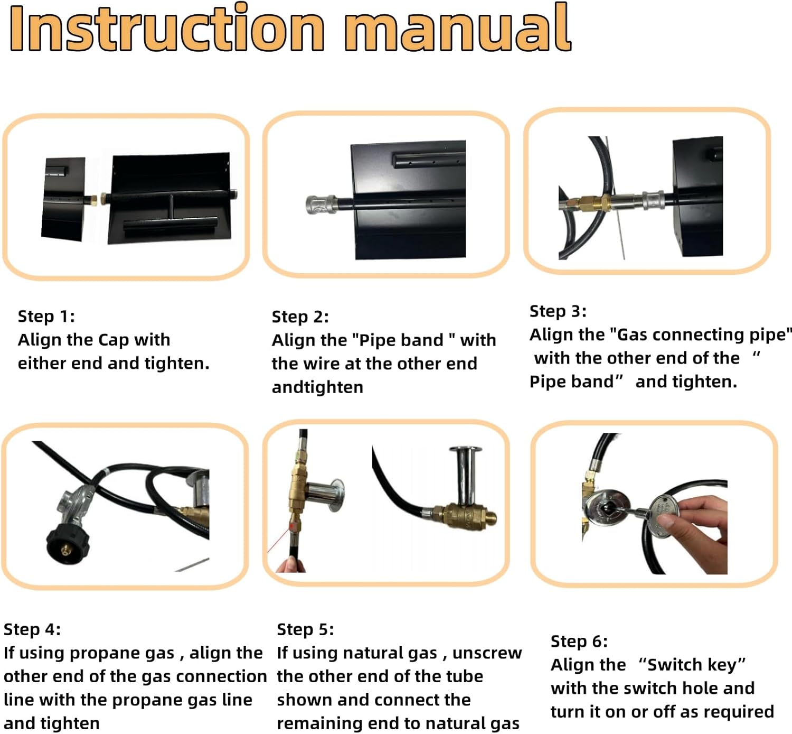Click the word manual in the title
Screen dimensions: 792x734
(x=458, y=29)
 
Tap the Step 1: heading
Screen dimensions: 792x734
(x=46, y=316)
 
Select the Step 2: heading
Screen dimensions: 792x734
(x=300, y=317)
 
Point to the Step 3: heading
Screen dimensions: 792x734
(x=558, y=311)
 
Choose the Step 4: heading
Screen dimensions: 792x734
(x=32, y=629)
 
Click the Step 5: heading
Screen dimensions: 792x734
(x=306, y=629)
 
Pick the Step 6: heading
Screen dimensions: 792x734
(x=579, y=642)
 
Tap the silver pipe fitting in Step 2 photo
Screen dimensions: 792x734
(x=322, y=205)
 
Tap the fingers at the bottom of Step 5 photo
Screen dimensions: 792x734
(x=291, y=564)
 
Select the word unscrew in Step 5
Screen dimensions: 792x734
(x=487, y=654)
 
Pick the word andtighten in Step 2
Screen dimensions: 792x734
(x=317, y=387)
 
